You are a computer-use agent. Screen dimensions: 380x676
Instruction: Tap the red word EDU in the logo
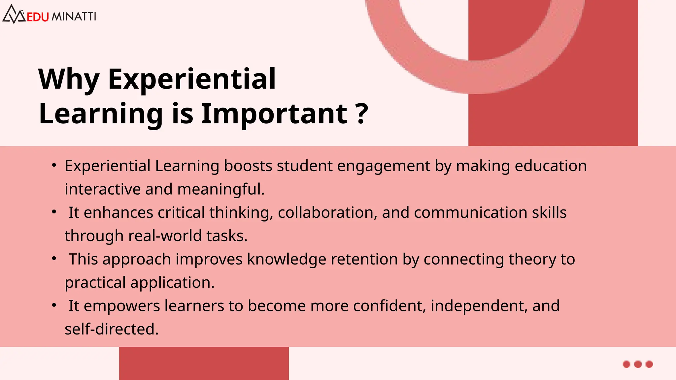38,17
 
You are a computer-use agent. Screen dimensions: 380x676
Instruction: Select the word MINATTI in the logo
74,16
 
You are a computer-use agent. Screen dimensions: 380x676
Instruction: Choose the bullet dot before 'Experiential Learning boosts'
54,165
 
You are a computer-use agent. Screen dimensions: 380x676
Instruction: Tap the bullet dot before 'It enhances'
54,212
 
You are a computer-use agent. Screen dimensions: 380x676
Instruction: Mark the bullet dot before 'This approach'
54,259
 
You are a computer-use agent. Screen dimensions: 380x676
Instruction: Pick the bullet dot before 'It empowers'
54,305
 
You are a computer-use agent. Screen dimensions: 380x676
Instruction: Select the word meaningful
221,190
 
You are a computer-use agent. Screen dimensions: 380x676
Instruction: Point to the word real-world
165,236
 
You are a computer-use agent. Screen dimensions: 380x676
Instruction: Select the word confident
389,306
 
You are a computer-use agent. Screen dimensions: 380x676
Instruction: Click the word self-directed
112,329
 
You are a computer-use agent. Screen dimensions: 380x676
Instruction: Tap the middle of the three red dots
638,364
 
